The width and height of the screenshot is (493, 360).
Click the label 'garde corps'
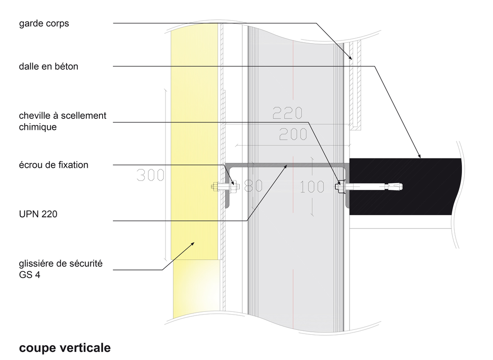coord(44,23)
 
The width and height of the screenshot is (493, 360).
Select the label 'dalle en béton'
coord(49,66)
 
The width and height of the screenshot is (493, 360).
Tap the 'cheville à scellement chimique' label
coord(63,121)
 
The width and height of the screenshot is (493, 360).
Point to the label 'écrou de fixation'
coord(54,165)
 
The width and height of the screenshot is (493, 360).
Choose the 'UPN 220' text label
coord(38,214)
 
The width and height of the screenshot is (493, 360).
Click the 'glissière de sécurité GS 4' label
coord(61,269)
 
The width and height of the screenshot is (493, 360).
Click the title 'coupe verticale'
coord(65,348)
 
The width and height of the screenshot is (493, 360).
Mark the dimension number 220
coord(287,113)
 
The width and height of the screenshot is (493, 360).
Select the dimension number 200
coord(293,134)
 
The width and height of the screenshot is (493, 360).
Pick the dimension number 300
coord(151,175)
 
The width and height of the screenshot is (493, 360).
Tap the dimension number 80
coord(253,186)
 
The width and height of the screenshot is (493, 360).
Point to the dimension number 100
coord(312,187)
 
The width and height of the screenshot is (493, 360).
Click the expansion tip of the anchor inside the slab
coord(395,187)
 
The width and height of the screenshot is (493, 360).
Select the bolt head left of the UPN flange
coord(215,187)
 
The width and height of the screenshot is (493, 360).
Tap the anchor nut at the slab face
coord(340,186)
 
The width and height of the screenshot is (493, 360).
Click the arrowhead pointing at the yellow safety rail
coord(193,243)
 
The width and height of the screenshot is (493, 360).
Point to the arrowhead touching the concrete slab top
coord(419,156)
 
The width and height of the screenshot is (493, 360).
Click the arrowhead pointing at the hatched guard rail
coord(350,58)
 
